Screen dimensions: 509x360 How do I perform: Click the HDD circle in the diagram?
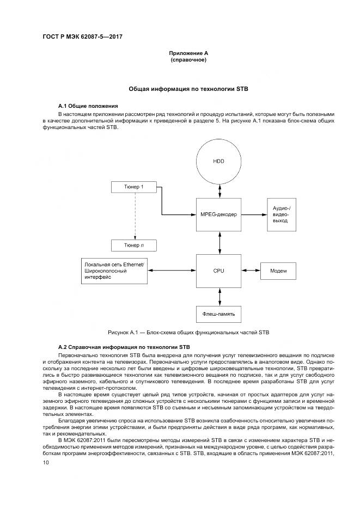[219, 161]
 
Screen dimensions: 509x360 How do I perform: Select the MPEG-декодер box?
[219, 214]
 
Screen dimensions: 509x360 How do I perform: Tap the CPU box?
[219, 270]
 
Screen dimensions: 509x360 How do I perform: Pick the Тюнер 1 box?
[134, 187]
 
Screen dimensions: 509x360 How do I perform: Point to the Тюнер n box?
[134, 246]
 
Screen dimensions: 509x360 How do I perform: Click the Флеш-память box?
[219, 314]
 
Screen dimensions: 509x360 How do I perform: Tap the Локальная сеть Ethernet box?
[114, 270]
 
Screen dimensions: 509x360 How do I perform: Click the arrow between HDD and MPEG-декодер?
[219, 190]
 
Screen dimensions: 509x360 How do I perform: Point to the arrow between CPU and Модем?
[251, 270]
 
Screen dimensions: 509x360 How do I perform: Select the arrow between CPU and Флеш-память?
[219, 296]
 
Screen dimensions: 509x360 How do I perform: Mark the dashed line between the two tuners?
[134, 216]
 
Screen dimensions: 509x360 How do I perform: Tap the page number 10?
[46, 462]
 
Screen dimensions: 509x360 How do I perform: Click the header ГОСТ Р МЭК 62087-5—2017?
[81, 38]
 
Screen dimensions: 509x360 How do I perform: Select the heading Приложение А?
[188, 53]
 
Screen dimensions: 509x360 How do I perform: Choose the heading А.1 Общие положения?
[88, 105]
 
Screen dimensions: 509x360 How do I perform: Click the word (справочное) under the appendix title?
[188, 59]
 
